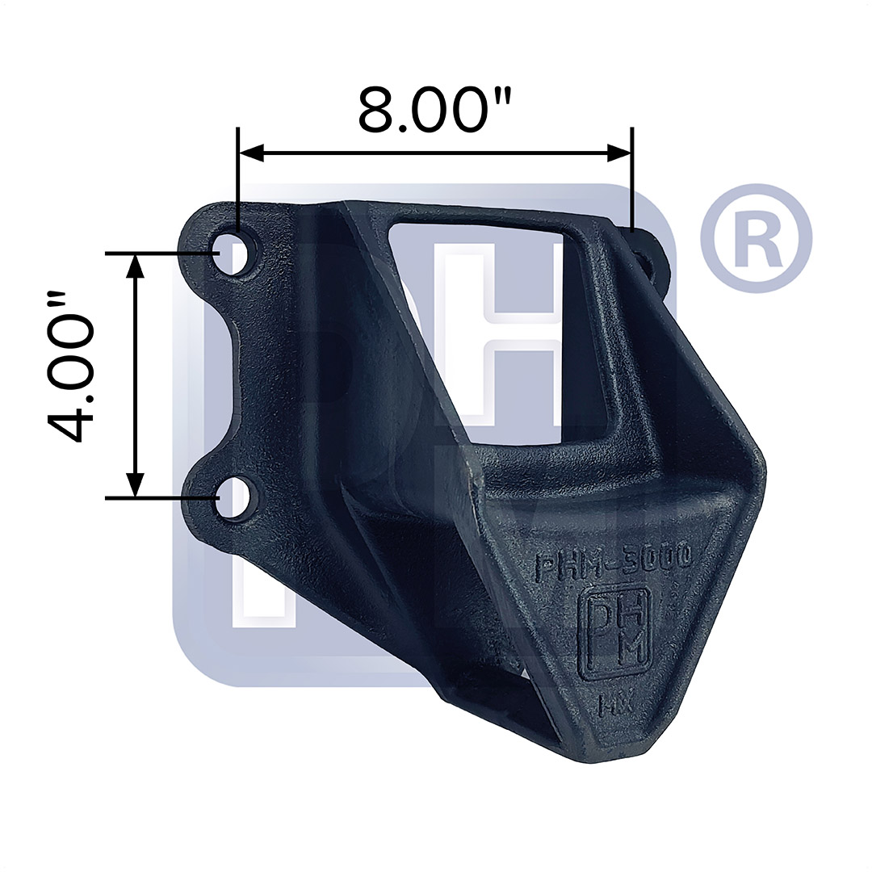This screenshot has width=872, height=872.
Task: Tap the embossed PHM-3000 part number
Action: [613, 561]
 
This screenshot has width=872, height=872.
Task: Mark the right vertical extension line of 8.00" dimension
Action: [632, 178]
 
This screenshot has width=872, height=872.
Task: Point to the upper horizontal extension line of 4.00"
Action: [161, 253]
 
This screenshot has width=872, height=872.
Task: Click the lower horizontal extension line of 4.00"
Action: [161, 498]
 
